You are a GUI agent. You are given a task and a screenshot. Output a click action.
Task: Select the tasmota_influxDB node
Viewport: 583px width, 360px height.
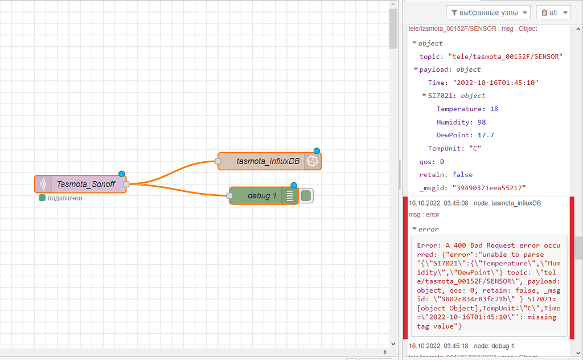(x=268, y=161)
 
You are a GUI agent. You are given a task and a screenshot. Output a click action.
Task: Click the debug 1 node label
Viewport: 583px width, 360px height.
(x=262, y=196)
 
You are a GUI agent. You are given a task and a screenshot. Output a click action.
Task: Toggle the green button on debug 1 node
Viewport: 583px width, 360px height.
(x=306, y=196)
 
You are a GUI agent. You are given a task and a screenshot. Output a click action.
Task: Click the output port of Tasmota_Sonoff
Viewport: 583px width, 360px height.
(x=126, y=184)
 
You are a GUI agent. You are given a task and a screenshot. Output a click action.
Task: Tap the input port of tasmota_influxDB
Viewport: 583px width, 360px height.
(x=218, y=161)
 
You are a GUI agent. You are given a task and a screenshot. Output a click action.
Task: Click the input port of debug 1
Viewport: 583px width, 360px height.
(x=229, y=196)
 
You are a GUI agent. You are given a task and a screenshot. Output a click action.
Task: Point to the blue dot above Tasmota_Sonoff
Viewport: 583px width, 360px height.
(x=121, y=174)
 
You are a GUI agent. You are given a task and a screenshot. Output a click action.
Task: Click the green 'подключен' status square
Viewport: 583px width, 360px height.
(x=42, y=198)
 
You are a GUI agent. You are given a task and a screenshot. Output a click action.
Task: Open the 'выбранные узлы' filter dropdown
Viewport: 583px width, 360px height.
(x=489, y=13)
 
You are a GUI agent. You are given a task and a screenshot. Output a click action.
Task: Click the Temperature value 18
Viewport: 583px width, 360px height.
(x=494, y=109)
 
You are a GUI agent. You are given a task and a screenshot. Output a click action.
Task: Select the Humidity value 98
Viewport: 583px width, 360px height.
(x=482, y=122)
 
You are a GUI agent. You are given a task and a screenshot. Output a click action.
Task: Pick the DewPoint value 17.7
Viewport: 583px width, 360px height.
(x=486, y=135)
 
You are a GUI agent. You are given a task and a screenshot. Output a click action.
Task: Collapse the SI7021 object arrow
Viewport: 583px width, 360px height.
(x=424, y=96)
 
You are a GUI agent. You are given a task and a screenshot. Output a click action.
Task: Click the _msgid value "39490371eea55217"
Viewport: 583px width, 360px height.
(x=488, y=187)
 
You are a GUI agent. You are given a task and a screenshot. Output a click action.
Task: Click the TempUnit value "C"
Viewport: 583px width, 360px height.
(x=475, y=148)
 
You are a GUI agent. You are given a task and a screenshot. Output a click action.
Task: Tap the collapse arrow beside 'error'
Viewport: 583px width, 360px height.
(x=414, y=230)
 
